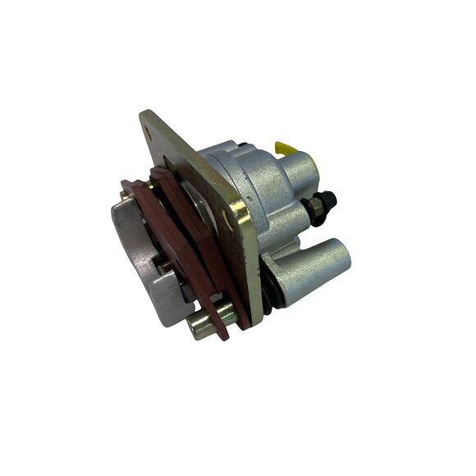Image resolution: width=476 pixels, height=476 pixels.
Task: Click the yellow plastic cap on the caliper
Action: click(286, 148)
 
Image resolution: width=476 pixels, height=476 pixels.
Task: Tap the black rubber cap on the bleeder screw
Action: click(326, 200)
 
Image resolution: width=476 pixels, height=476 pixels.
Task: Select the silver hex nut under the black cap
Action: click(315, 212)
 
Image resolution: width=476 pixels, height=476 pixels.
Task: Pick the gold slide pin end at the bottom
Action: click(199, 326)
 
